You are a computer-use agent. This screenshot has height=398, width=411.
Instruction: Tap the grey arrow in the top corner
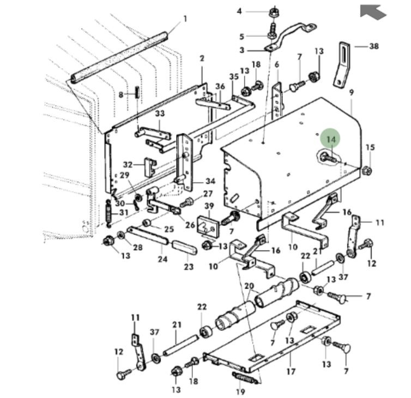pos(373,11)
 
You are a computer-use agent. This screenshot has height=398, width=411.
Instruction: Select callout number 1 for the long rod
pos(185,19)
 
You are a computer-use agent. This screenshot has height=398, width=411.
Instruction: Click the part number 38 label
pos(373,46)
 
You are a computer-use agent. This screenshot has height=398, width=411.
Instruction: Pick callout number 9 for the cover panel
pos(352,93)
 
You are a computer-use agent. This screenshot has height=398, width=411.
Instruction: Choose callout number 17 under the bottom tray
pos(291,371)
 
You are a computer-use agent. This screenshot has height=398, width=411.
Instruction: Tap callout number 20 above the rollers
pos(249,286)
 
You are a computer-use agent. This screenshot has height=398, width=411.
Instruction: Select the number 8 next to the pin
pos(122,94)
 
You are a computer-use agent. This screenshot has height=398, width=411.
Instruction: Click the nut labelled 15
pos(367,171)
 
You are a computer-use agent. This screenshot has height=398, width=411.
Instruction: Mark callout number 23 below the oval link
pos(189,267)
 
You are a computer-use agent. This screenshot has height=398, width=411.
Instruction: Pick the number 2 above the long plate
pos(202,58)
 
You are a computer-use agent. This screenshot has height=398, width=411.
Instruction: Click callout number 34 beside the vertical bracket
pos(210,182)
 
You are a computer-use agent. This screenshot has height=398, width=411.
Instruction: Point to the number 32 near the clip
pos(128,164)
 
